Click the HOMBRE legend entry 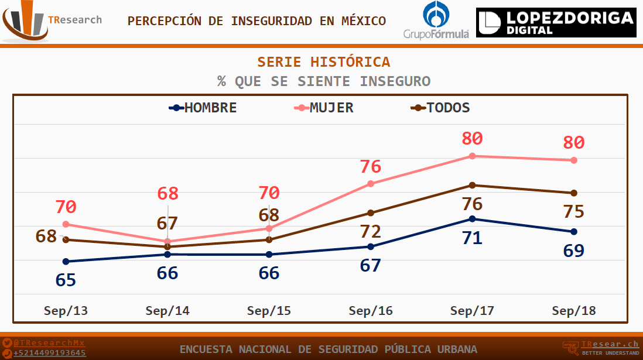pyautogui.click(x=203, y=108)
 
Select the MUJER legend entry pyautogui.click(x=325, y=108)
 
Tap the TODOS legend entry pyautogui.click(x=441, y=108)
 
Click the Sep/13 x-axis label pyautogui.click(x=66, y=311)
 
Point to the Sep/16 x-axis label pyautogui.click(x=371, y=311)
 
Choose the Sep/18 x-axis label pyautogui.click(x=574, y=311)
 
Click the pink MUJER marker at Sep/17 pyautogui.click(x=472, y=156)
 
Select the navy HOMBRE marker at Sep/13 pyautogui.click(x=66, y=262)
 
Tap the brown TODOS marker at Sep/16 pyautogui.click(x=371, y=212)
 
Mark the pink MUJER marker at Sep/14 pyautogui.click(x=167, y=241)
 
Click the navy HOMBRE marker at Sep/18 pyautogui.click(x=574, y=231)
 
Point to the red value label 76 pyautogui.click(x=371, y=166)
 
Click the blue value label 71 pyautogui.click(x=472, y=238)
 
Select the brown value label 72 pyautogui.click(x=371, y=231)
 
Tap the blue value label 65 pyautogui.click(x=66, y=280)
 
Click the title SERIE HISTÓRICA pyautogui.click(x=324, y=62)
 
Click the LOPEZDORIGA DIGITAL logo pyautogui.click(x=556, y=23)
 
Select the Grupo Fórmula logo pyautogui.click(x=436, y=21)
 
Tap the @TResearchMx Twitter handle pyautogui.click(x=49, y=342)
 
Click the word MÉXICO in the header pyautogui.click(x=362, y=21)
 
